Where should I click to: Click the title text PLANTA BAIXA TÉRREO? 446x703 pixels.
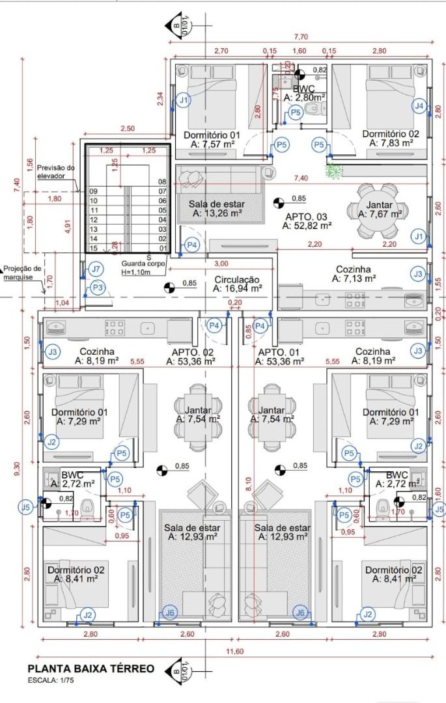point(91,669)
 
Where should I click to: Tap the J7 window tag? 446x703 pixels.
point(96,269)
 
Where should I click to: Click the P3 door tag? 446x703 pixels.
point(98,287)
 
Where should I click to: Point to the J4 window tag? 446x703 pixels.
point(420,105)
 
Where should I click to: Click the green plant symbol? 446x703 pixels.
point(334,171)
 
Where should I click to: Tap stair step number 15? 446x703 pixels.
point(94,249)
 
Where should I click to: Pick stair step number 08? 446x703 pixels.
point(162,182)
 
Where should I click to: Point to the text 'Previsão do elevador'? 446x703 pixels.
point(56,172)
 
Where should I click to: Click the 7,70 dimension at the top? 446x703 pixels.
point(300,37)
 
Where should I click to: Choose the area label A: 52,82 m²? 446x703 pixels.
point(307,226)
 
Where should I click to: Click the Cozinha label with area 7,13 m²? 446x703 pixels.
point(354,273)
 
